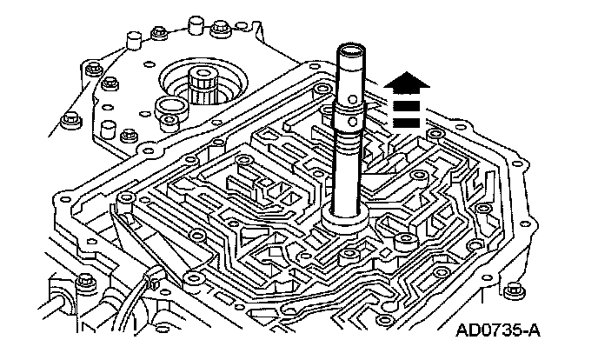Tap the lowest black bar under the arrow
point(409,122)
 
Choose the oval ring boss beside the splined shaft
point(168,110)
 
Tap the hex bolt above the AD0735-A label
point(512,289)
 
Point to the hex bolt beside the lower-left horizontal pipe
point(83,281)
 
